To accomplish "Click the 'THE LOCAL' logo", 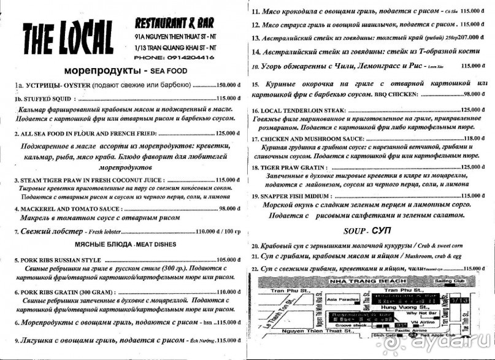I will coord(67,39).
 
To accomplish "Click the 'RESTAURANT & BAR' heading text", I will coord(174,23).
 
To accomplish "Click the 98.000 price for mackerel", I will coord(229,209).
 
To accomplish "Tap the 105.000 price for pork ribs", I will coord(227,259).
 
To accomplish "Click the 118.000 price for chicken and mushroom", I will coord(469,139).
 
